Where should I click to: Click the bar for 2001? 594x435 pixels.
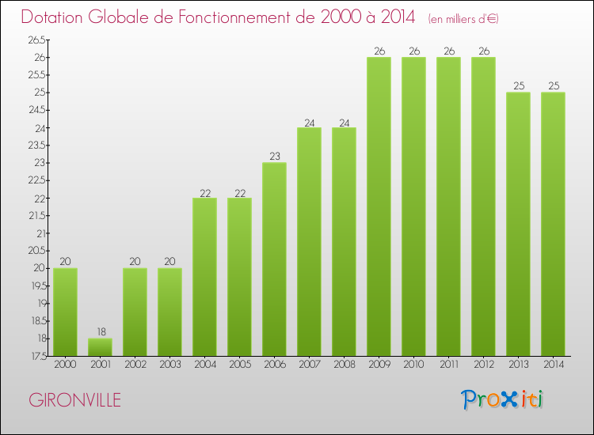click(100, 347)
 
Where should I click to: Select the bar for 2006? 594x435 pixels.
click(274, 259)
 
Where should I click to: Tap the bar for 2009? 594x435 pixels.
click(379, 206)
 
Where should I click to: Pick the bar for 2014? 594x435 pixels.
click(553, 224)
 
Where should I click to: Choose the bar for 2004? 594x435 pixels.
click(204, 277)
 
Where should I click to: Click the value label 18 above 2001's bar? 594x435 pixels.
click(100, 332)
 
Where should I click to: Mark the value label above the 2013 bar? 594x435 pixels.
click(518, 86)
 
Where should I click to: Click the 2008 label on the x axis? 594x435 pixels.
click(344, 365)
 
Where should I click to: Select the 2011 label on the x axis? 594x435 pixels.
click(448, 365)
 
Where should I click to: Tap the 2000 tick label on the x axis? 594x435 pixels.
click(65, 365)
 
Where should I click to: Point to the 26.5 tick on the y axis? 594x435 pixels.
click(36, 40)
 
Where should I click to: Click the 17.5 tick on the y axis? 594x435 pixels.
click(36, 356)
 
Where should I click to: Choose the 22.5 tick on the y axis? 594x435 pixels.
click(36, 180)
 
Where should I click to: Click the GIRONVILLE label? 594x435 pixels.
click(75, 400)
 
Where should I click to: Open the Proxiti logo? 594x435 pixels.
click(502, 399)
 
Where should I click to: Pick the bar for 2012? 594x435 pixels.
click(483, 206)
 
